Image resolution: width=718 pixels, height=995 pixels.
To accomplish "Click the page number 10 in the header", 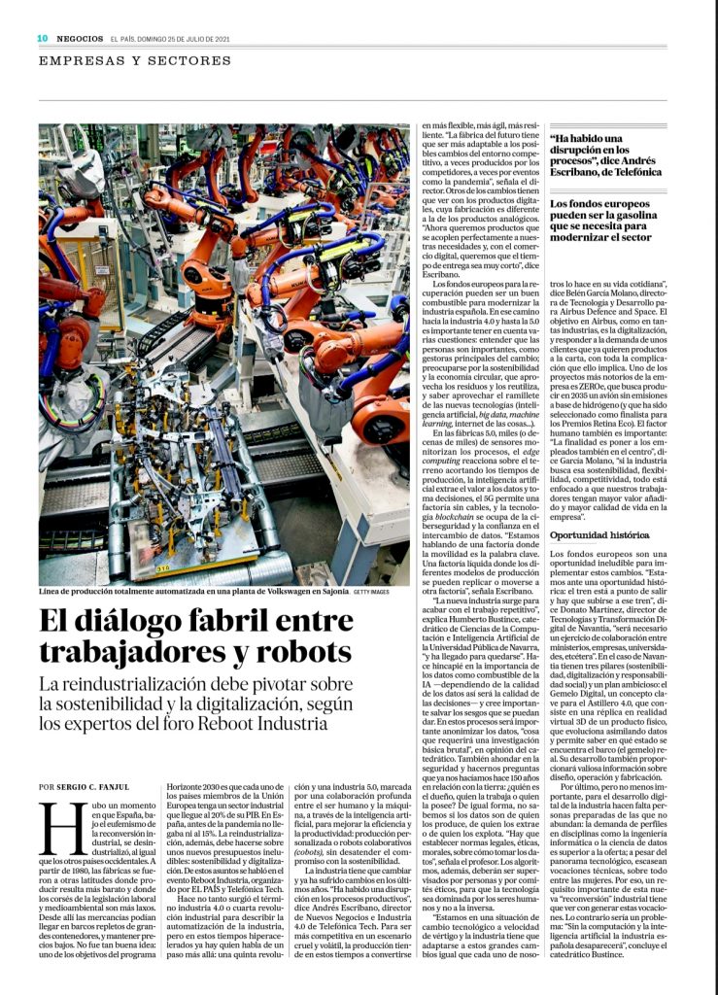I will coord(43,38).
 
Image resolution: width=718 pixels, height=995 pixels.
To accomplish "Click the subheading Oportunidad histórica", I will coord(598,534).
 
